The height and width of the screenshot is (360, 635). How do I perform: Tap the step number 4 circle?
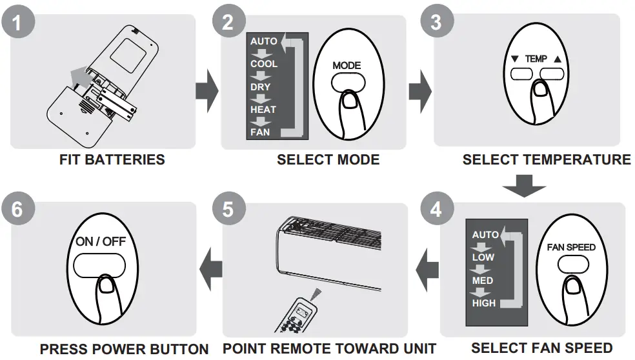436,210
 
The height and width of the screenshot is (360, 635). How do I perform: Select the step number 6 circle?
17,210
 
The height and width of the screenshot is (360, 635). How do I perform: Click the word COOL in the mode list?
264,64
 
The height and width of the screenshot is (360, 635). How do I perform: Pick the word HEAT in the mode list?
263,110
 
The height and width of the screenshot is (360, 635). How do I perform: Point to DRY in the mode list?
261,87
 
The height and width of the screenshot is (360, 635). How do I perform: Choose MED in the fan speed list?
483,281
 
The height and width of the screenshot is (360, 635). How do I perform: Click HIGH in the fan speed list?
483,303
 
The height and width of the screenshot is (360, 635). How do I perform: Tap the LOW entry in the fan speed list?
483,257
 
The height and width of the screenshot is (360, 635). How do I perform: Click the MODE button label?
347,65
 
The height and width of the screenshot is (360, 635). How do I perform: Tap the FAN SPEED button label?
571,247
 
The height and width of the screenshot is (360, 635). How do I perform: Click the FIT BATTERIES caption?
112,159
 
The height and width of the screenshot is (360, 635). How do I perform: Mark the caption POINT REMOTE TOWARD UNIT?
329,349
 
